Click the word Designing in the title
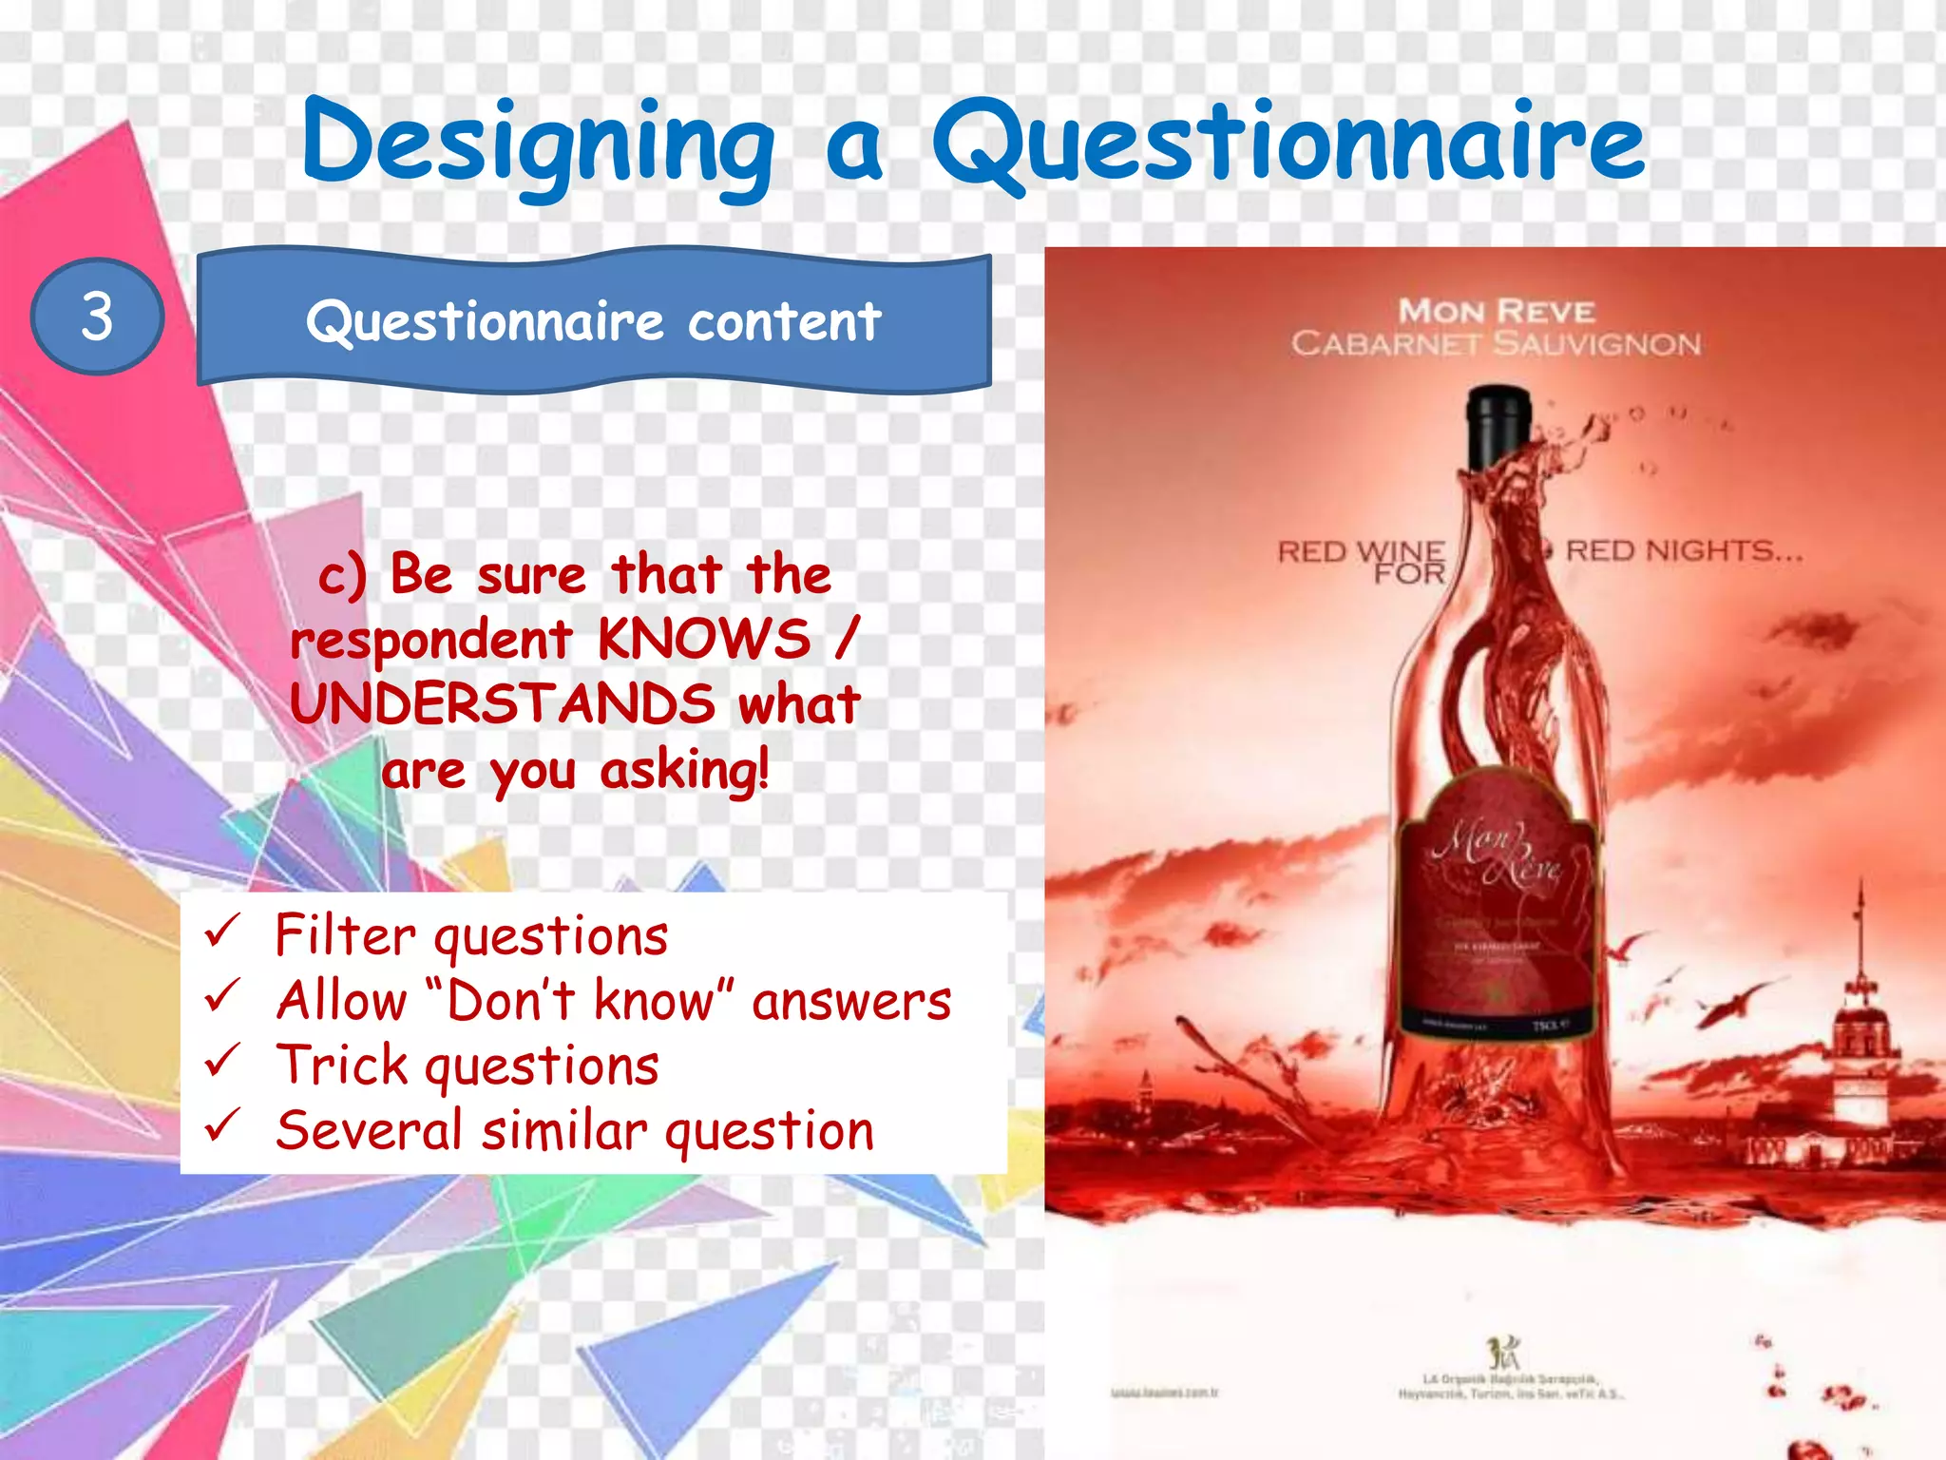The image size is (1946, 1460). click(538, 145)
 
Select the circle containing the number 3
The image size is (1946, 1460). click(97, 317)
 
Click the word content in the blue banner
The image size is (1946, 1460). click(784, 321)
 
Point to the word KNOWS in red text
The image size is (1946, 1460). click(704, 639)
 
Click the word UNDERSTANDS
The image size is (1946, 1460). click(503, 704)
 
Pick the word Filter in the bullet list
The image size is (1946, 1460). click(344, 934)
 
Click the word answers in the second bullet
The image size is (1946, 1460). click(851, 1001)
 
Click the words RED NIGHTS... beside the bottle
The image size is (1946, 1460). click(1684, 550)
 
